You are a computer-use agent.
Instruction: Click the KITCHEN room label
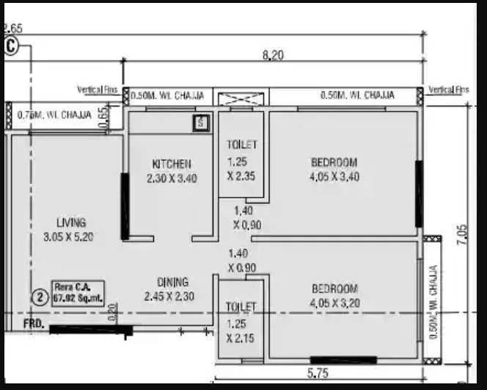click(x=172, y=164)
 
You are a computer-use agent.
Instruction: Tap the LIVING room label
click(x=71, y=223)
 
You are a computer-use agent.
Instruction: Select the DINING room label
click(x=172, y=282)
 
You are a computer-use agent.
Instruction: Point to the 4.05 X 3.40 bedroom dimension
click(x=334, y=177)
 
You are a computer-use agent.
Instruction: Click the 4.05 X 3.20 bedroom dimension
click(x=334, y=302)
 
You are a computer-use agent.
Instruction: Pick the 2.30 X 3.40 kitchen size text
click(x=172, y=178)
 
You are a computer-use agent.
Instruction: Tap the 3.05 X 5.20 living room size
click(x=71, y=236)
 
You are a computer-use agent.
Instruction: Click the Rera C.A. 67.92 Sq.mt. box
click(x=78, y=292)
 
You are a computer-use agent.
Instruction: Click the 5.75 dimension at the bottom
click(x=318, y=374)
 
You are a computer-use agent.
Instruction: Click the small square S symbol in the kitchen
click(x=202, y=123)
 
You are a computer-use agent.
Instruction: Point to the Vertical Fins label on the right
click(x=448, y=90)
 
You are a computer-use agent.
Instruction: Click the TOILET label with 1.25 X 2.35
click(x=241, y=145)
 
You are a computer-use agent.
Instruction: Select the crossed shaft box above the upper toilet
click(x=241, y=97)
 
